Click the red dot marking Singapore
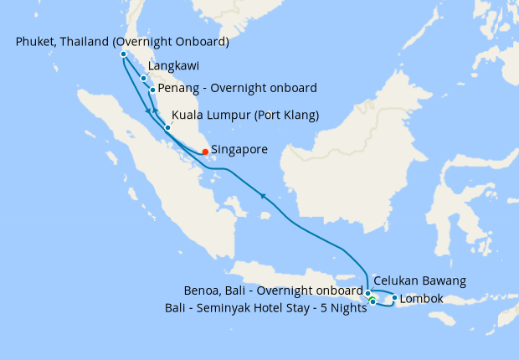[x=205, y=152]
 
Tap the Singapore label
[x=239, y=150]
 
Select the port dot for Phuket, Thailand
[x=123, y=54]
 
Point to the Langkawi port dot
[x=144, y=79]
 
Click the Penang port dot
[x=152, y=90]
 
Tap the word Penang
[x=178, y=88]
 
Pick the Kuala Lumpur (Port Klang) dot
[x=167, y=127]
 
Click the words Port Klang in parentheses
[x=282, y=115]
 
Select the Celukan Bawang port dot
[x=367, y=293]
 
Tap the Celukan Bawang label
[x=419, y=280]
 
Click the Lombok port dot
[x=394, y=297]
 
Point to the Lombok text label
[x=422, y=299]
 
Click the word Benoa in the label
[x=202, y=291]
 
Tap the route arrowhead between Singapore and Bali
[x=264, y=196]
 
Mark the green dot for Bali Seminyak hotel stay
[x=372, y=301]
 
